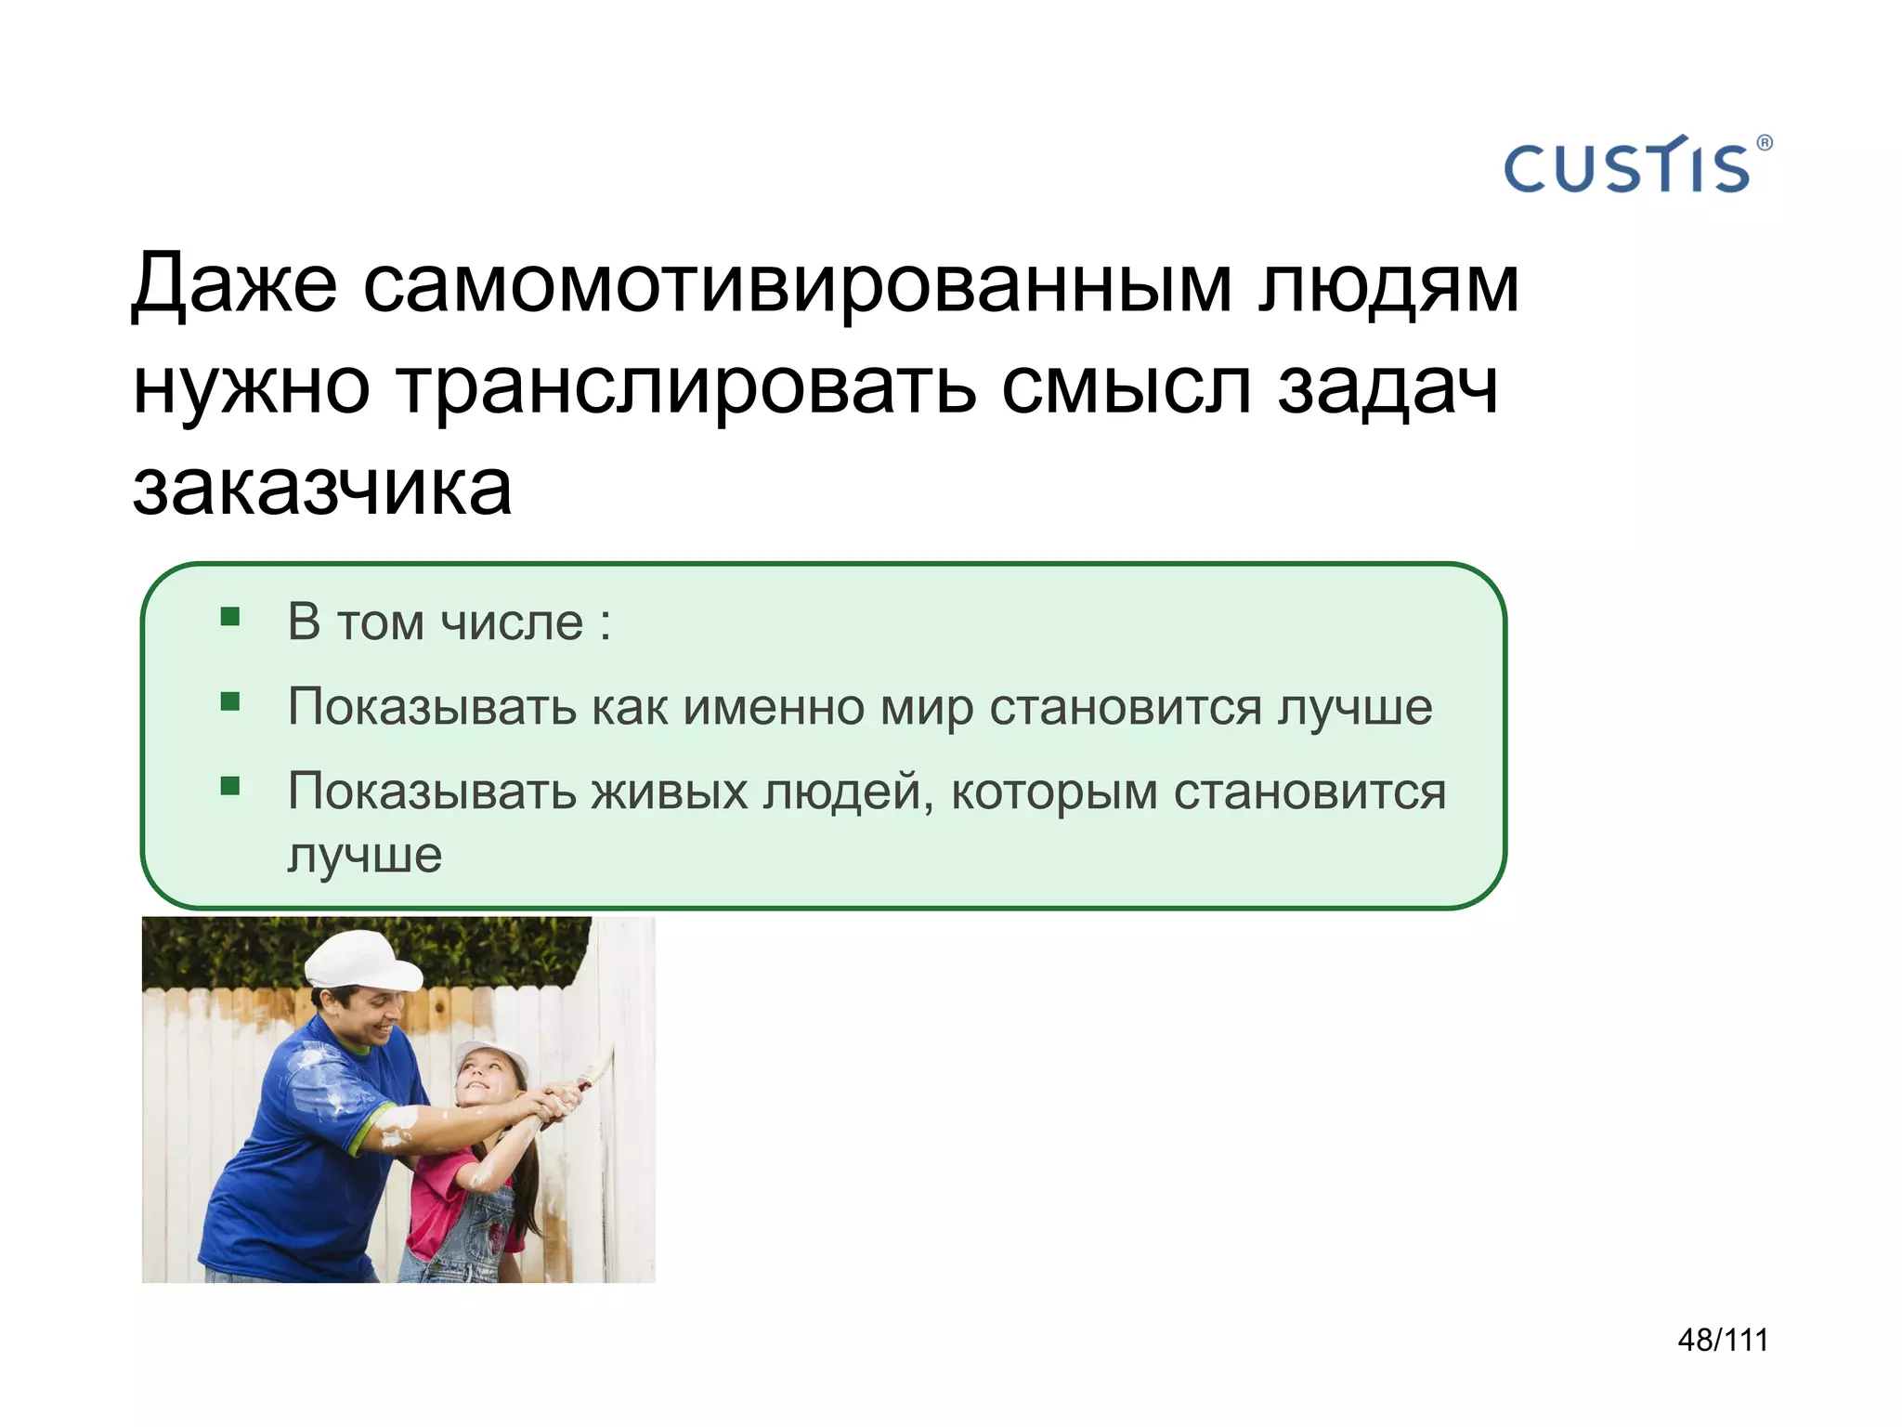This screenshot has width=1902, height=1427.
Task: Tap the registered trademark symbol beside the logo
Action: pyautogui.click(x=1765, y=143)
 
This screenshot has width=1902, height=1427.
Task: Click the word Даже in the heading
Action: pyautogui.click(x=234, y=283)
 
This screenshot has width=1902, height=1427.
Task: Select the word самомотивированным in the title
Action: pyautogui.click(x=798, y=283)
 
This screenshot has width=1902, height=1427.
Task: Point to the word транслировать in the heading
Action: pyautogui.click(x=687, y=386)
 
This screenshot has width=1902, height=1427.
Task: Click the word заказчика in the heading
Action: pyautogui.click(x=322, y=488)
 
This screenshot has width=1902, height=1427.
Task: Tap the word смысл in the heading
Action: pyautogui.click(x=1126, y=386)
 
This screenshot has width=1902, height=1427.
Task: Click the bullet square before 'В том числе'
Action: pyautogui.click(x=230, y=617)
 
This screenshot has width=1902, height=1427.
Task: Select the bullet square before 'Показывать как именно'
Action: pyautogui.click(x=230, y=701)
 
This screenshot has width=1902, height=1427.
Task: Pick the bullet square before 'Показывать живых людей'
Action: pyautogui.click(x=230, y=787)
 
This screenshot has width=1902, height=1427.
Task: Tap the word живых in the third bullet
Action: pyautogui.click(x=670, y=792)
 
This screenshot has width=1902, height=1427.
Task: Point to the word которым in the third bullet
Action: pyautogui.click(x=1054, y=792)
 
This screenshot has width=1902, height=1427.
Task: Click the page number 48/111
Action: pyautogui.click(x=1723, y=1340)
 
